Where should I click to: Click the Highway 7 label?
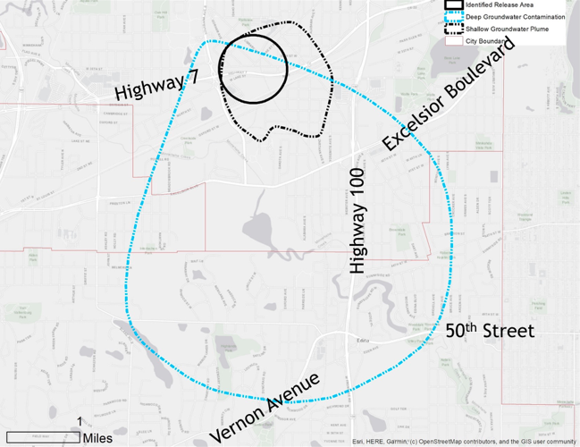pos(156,87)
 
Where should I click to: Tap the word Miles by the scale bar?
pos(97,438)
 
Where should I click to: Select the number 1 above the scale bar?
pos(80,421)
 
